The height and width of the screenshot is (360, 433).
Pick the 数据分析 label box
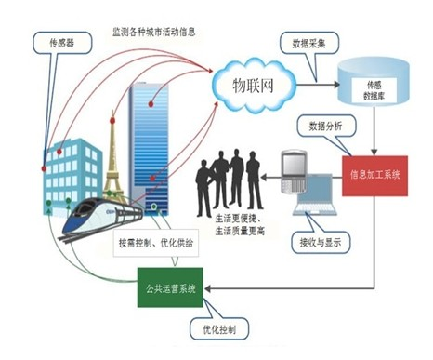coord(319,124)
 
